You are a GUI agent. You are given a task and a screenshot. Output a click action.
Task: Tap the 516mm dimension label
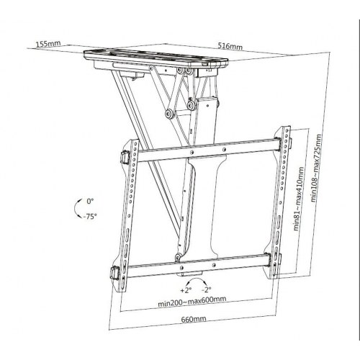point(230,45)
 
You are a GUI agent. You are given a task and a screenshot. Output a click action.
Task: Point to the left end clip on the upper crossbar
point(122,156)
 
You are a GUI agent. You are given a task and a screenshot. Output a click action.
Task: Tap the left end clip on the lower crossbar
point(117,274)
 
